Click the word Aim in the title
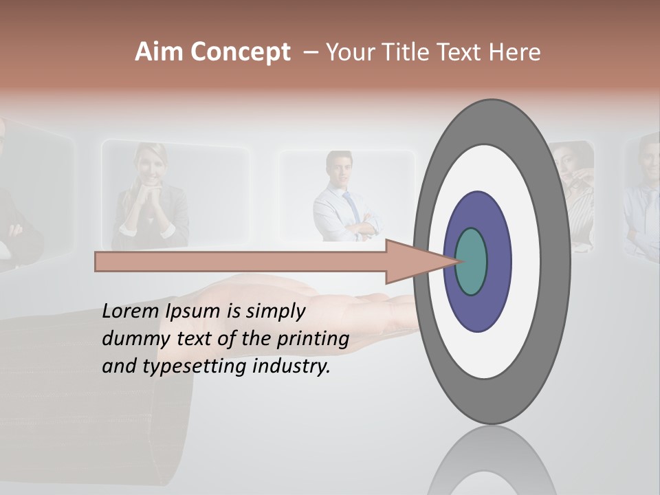click(159, 52)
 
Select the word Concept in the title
click(240, 53)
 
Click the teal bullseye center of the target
click(472, 261)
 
